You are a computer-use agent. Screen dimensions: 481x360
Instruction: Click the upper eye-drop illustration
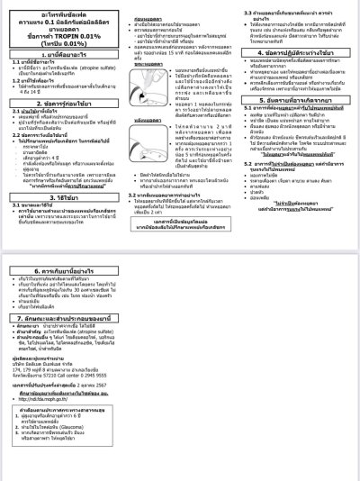(x=149, y=77)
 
